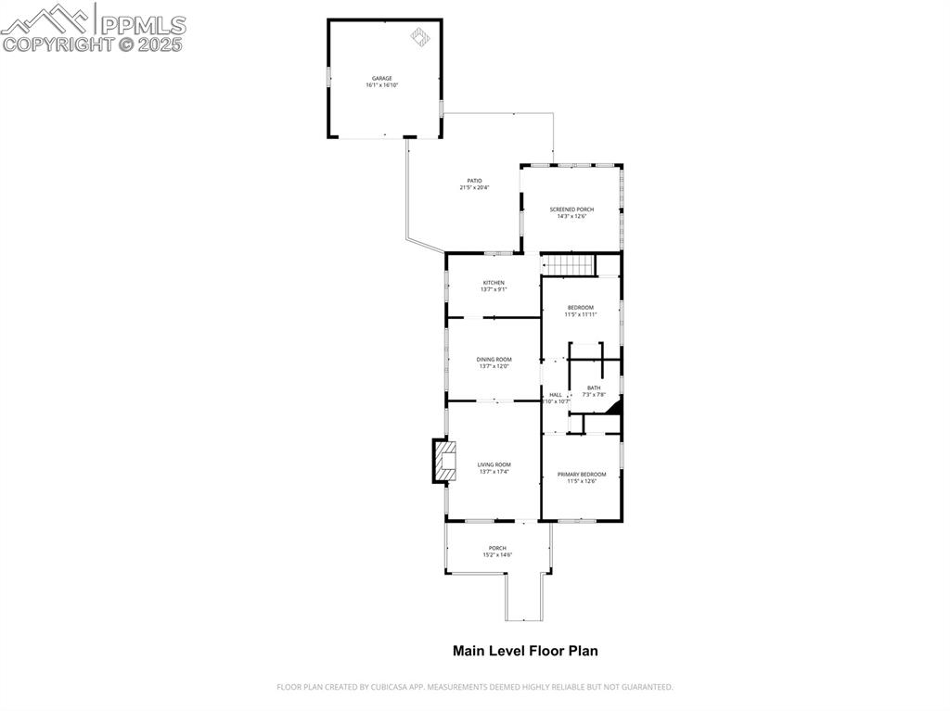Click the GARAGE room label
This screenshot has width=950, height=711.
pos(381,78)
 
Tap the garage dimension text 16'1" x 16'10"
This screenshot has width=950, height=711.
pos(381,85)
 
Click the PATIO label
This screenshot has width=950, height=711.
pos(474,181)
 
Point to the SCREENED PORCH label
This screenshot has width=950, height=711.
pos(571,209)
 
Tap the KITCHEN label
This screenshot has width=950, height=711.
pos(494,283)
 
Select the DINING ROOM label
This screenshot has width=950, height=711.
pos(494,360)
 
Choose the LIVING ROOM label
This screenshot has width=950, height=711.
pos(494,464)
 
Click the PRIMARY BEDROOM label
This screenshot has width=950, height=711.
pos(582,474)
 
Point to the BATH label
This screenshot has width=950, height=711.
pos(594,387)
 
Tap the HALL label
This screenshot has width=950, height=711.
pos(556,395)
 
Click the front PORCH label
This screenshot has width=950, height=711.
pos(497,548)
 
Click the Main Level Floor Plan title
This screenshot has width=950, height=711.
pos(525,651)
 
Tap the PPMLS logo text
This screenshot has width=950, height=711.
pos(141,24)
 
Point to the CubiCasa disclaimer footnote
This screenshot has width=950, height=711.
pos(474,687)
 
